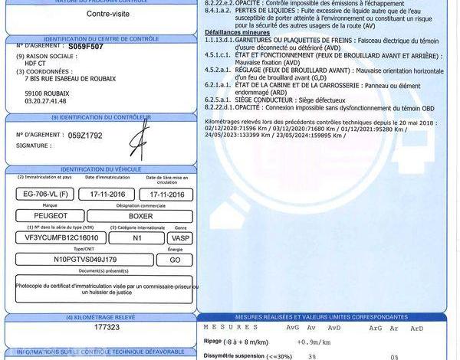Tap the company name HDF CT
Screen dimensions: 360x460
35,64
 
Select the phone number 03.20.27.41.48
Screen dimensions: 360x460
45,101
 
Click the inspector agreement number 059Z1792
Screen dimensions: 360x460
84,135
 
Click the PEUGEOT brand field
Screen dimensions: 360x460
49,216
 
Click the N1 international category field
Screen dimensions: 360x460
137,237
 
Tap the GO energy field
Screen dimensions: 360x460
174,260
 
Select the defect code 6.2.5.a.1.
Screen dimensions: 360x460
219,100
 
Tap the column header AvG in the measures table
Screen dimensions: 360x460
292,328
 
